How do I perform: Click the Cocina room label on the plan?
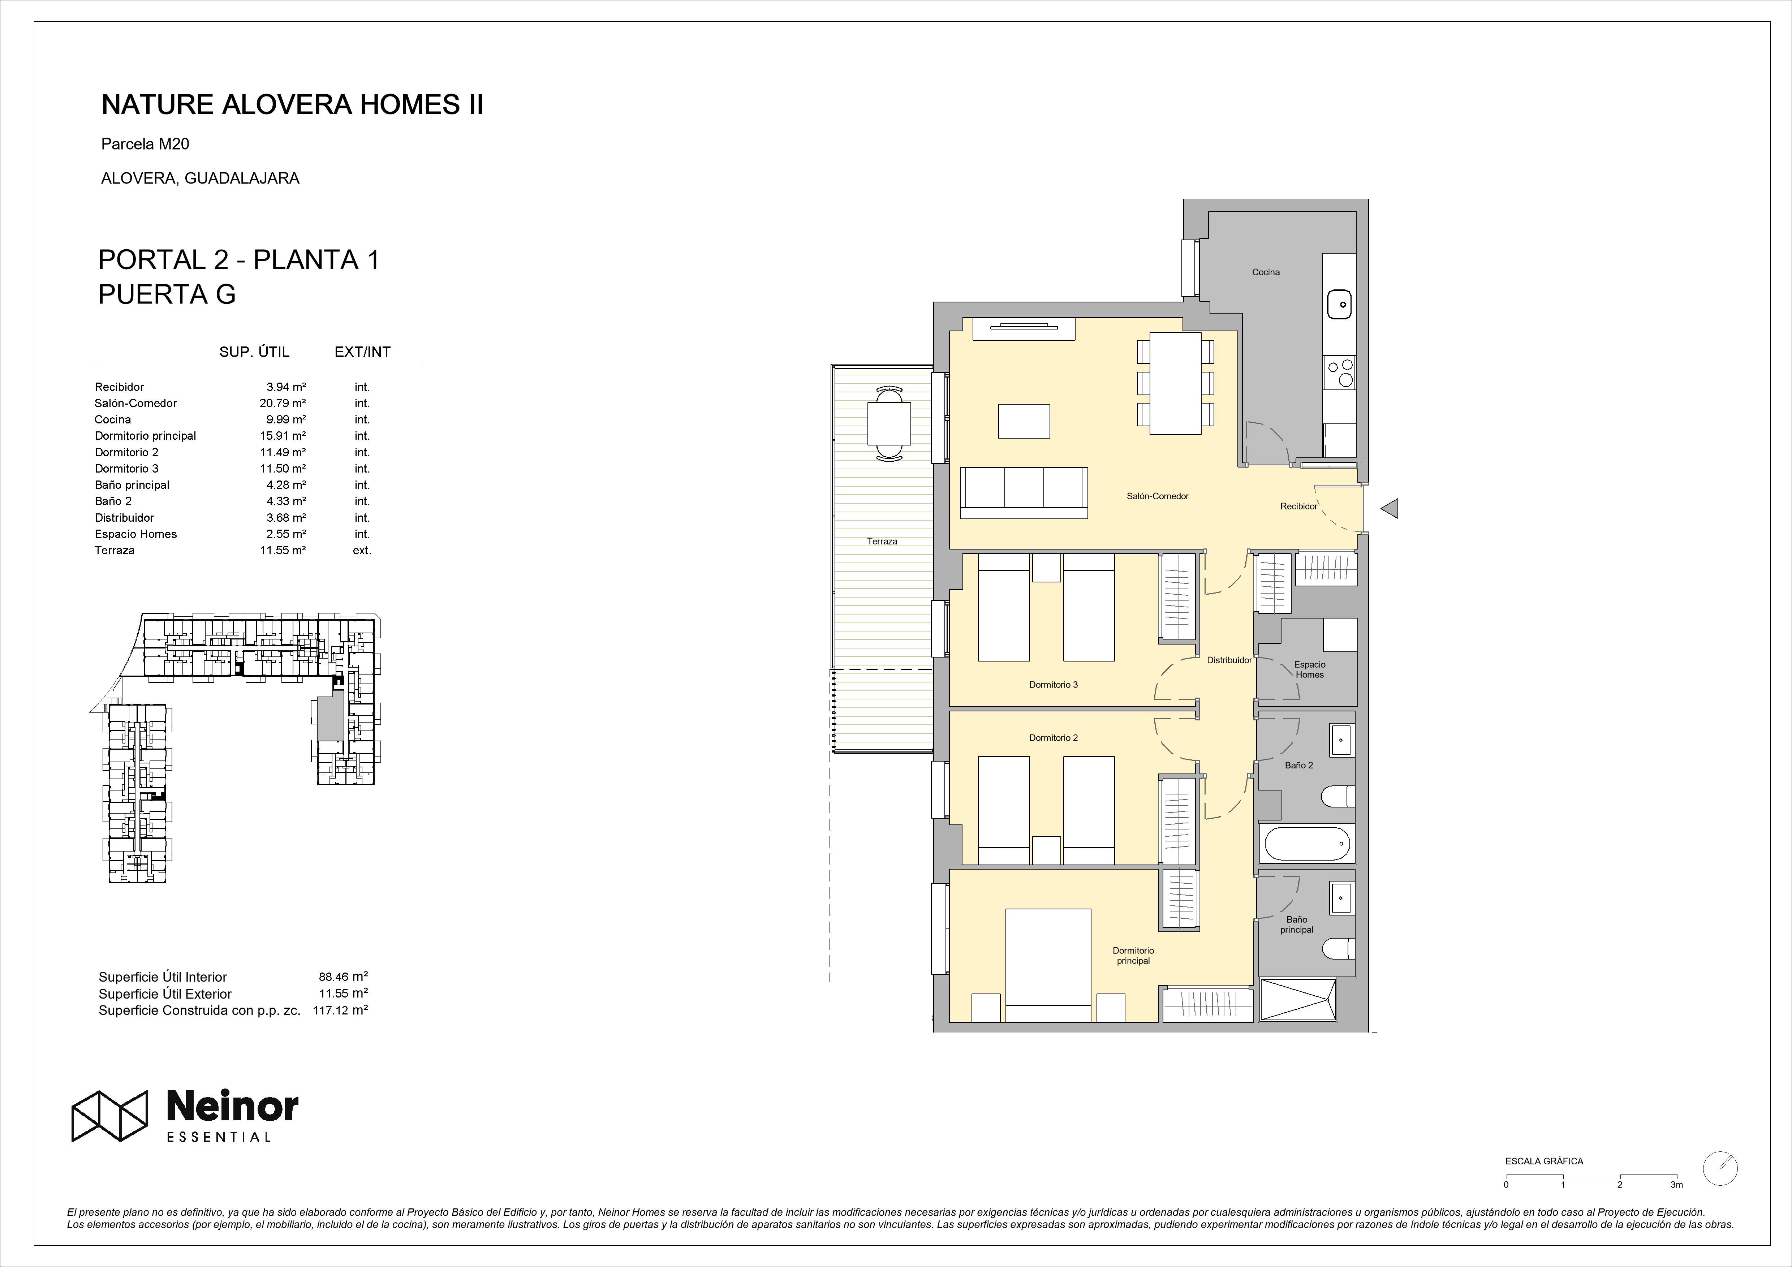(1266, 272)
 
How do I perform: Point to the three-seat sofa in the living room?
(1024, 492)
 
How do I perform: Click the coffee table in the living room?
(1024, 421)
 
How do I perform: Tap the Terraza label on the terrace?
(882, 541)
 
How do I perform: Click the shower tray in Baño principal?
(1299, 999)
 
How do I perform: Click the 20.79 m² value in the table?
(283, 404)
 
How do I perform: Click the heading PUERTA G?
(167, 294)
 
